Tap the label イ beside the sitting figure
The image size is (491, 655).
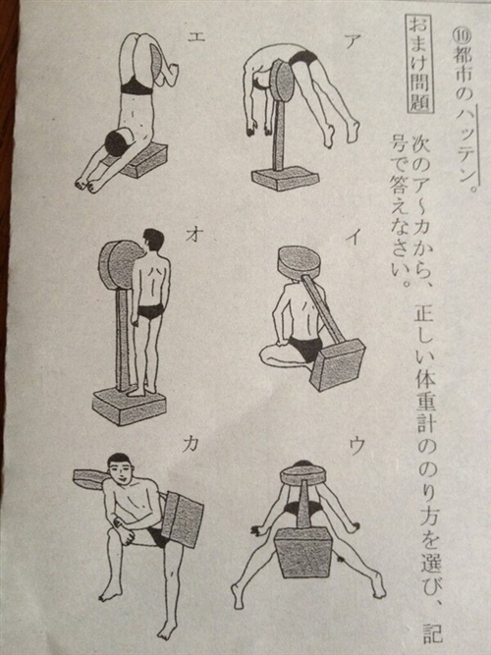click(356, 235)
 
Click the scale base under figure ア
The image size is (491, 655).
click(286, 179)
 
